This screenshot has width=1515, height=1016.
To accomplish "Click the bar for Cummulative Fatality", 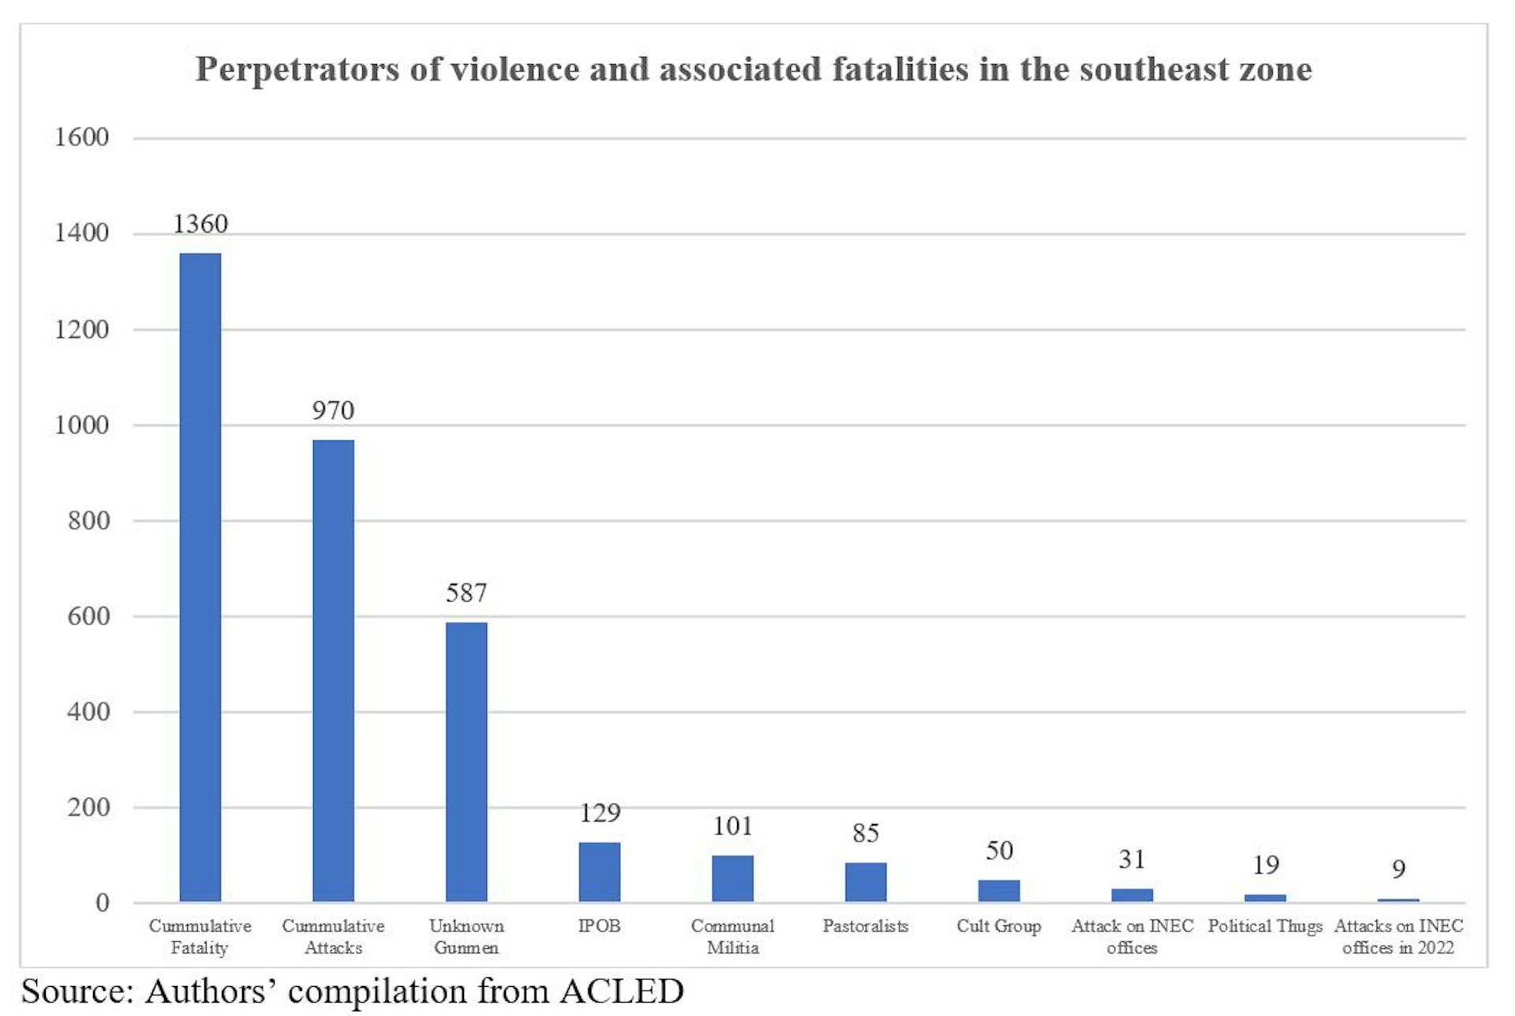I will tap(200, 577).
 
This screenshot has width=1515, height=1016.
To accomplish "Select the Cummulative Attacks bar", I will tap(333, 670).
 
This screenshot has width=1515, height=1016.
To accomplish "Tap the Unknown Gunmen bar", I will tap(466, 762).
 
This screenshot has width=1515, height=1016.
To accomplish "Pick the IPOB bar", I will tap(600, 872).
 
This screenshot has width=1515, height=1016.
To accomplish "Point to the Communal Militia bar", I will tap(732, 878).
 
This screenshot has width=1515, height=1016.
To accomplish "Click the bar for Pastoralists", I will tap(866, 882).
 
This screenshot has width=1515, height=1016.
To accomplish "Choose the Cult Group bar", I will tap(999, 890).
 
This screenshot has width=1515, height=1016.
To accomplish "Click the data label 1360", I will tap(200, 224).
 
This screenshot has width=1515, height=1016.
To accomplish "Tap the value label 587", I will tap(466, 593).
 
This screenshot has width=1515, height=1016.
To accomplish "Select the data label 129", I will tap(600, 813).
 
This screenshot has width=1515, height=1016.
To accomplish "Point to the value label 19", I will tap(1266, 865).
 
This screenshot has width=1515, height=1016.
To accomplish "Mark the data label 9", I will tap(1398, 869).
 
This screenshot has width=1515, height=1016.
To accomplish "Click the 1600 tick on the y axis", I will tap(81, 138).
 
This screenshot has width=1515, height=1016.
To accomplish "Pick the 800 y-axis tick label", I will tap(88, 521).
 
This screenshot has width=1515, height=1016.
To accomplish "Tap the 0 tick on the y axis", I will tap(103, 903).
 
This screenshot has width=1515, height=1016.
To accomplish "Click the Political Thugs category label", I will tap(1265, 926).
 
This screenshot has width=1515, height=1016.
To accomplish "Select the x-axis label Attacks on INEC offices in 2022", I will tap(1398, 936).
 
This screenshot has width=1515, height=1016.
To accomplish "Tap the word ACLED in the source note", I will tap(622, 992).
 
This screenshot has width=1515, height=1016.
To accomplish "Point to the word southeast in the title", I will tap(1154, 69).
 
